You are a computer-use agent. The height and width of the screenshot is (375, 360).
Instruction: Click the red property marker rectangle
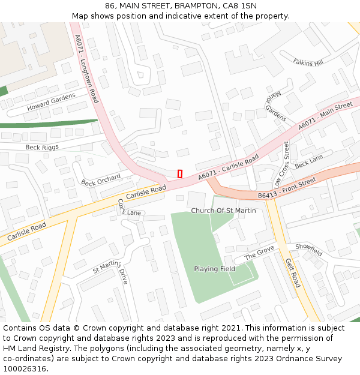click(x=180, y=173)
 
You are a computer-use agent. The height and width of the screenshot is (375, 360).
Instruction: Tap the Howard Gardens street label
click(x=51, y=102)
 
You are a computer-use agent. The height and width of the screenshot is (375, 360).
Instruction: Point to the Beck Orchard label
click(x=101, y=179)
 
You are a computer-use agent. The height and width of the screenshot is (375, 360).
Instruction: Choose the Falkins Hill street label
click(x=308, y=62)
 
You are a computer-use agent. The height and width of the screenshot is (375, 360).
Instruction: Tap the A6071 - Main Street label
click(x=325, y=116)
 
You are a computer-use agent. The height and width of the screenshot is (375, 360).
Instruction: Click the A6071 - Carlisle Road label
click(x=229, y=166)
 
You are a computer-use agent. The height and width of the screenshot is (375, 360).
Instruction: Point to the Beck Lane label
click(x=309, y=161)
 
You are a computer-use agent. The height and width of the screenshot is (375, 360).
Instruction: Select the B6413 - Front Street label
click(x=287, y=188)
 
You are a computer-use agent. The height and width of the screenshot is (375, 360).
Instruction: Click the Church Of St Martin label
click(x=223, y=211)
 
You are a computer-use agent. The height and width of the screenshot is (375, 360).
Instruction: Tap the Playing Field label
click(x=214, y=269)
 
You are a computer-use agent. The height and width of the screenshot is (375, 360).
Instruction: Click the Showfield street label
click(x=308, y=250)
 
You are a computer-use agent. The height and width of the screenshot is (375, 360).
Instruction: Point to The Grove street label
click(x=259, y=254)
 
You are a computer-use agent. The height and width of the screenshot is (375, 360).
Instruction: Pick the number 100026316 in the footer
click(x=24, y=368)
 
